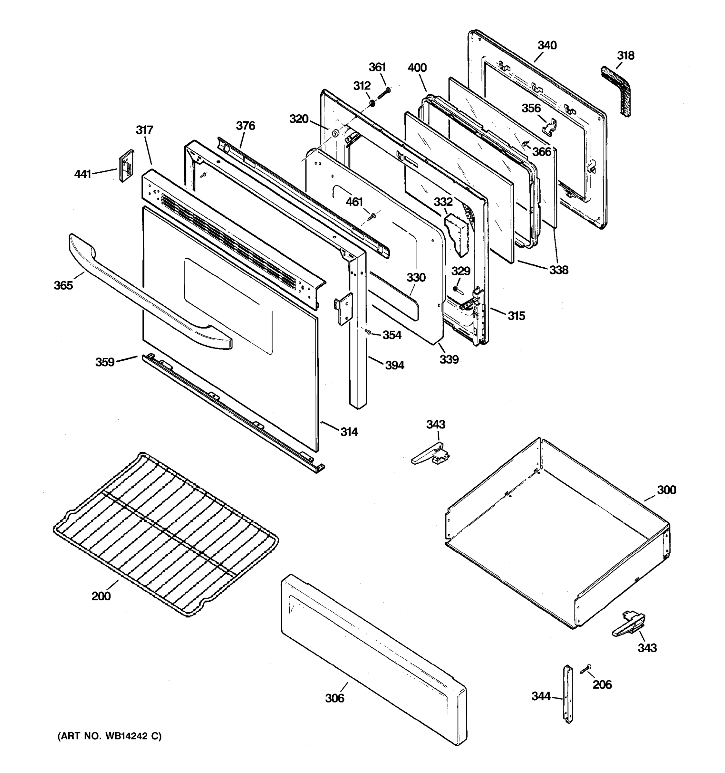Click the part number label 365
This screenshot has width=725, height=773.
click(x=63, y=285)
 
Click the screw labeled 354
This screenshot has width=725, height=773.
click(x=368, y=332)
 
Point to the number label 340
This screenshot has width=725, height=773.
click(x=547, y=45)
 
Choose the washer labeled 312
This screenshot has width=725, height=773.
click(x=372, y=103)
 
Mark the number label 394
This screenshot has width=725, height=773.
click(x=394, y=365)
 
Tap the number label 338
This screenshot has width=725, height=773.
click(x=558, y=270)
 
